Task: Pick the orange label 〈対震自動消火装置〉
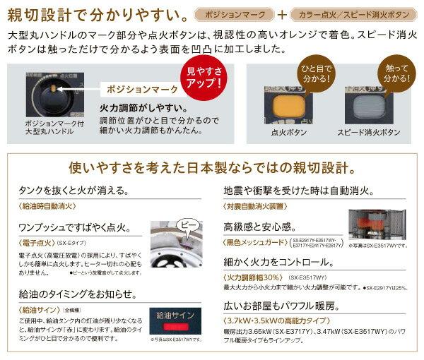(256, 207)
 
